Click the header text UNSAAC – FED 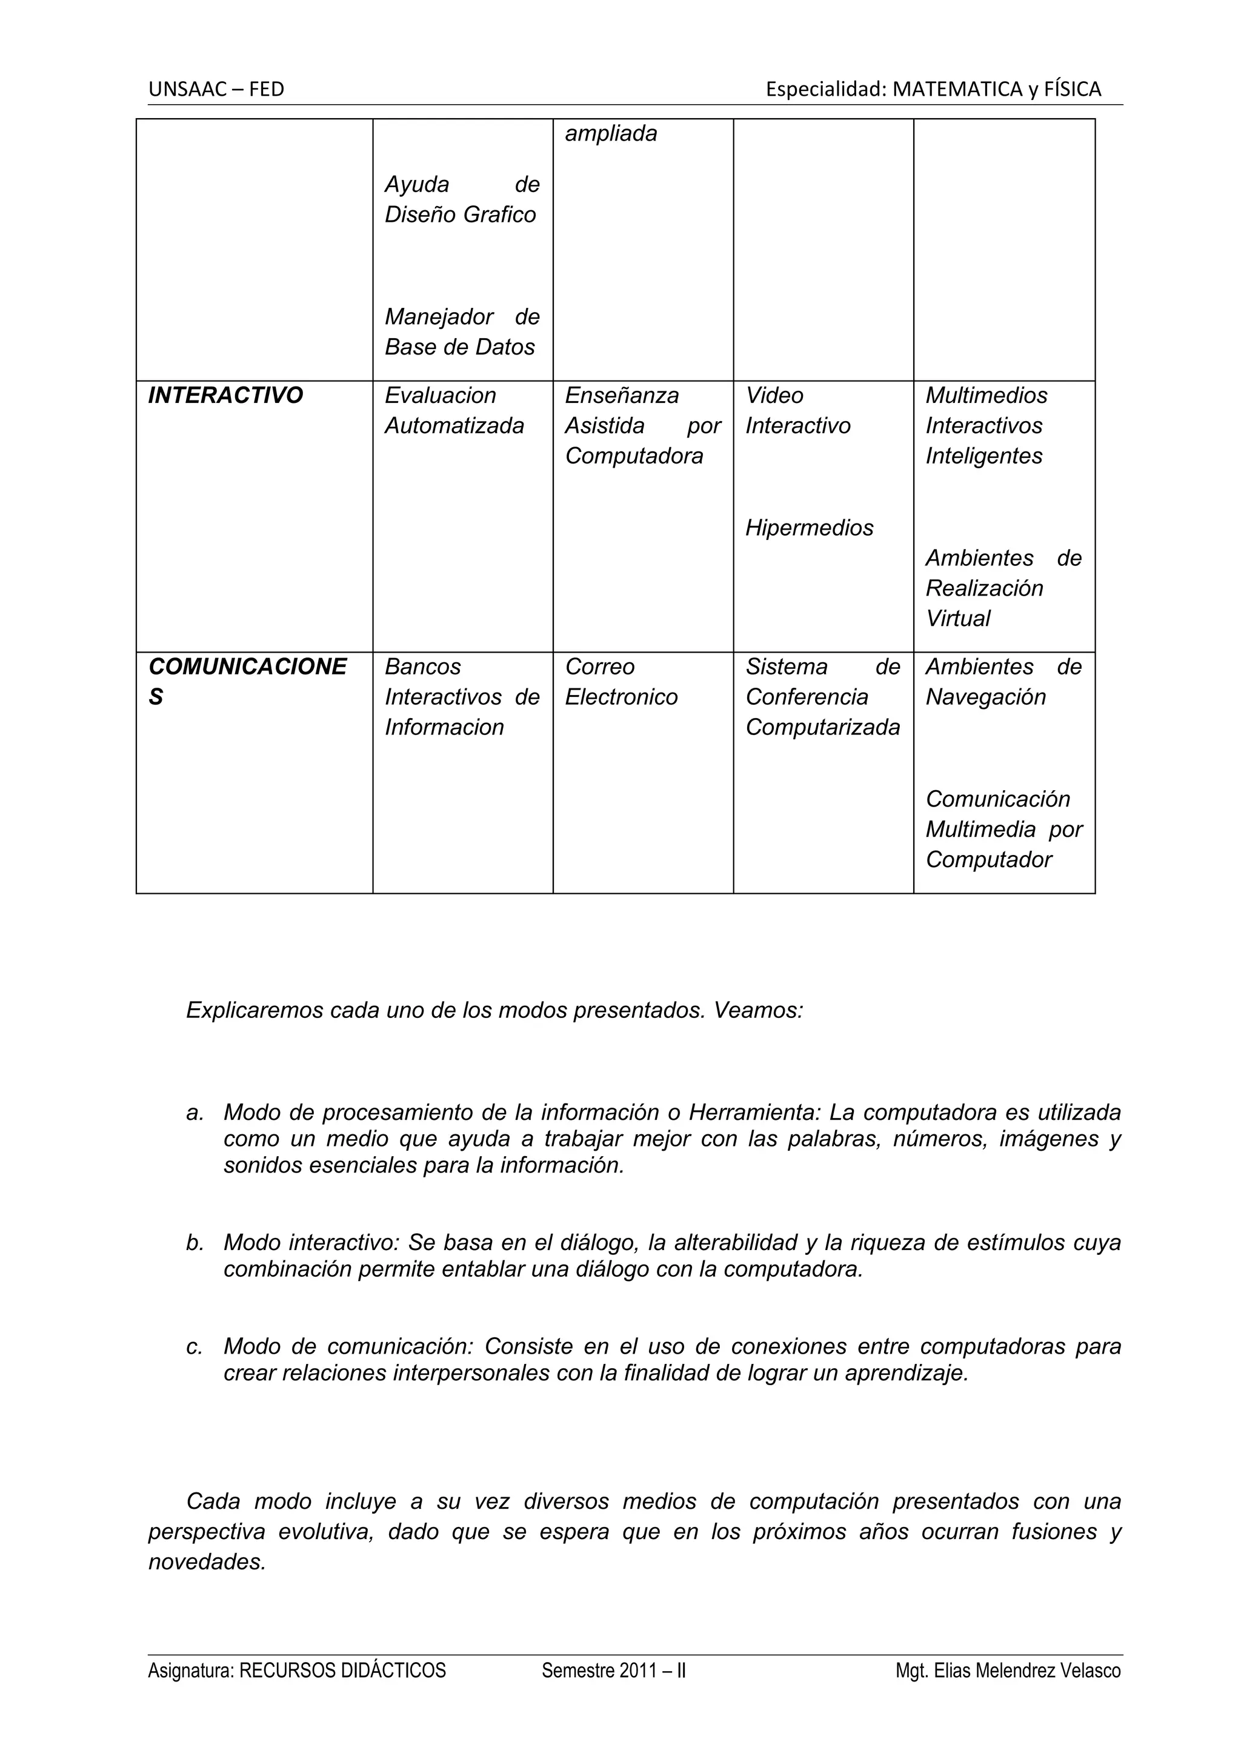[216, 90]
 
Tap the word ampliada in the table [610, 134]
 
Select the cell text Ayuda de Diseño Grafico [461, 199]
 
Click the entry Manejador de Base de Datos [461, 332]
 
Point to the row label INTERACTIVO [225, 396]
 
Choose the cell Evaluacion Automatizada [454, 411]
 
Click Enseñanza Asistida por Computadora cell [642, 425]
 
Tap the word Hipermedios [809, 528]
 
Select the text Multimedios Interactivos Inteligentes [986, 425]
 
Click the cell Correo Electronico [621, 682]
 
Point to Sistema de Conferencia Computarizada [823, 697]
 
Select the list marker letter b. [195, 1242]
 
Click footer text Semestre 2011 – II [613, 1692]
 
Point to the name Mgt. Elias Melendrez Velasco [1008, 1692]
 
